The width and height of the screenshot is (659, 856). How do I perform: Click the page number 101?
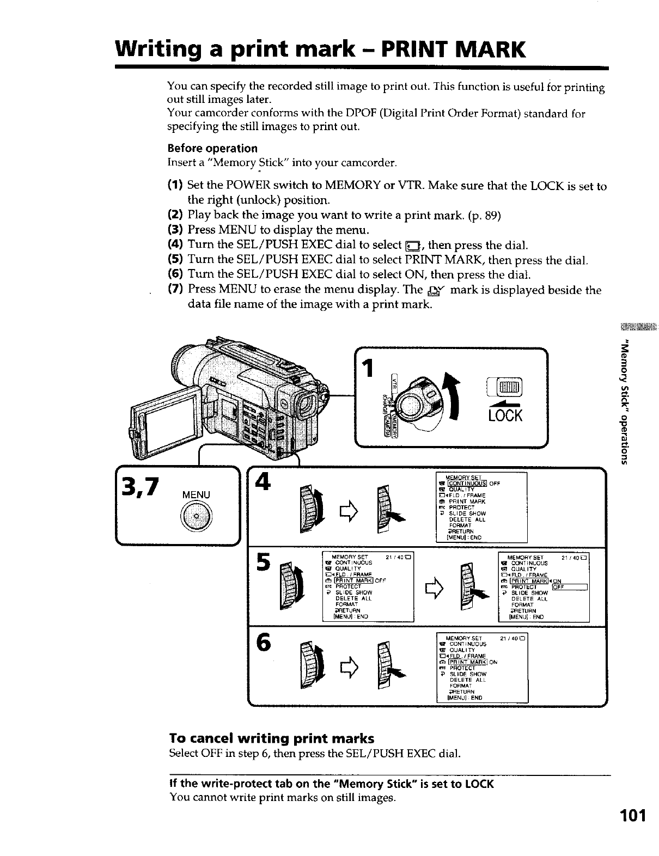point(632,816)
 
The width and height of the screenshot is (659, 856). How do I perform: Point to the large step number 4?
point(264,481)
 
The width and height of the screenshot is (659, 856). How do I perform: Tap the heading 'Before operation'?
point(212,148)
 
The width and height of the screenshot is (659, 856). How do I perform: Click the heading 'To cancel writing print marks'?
point(272,738)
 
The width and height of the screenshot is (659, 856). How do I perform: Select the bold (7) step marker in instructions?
point(175,290)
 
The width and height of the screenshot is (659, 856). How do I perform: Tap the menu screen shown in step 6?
point(481,667)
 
